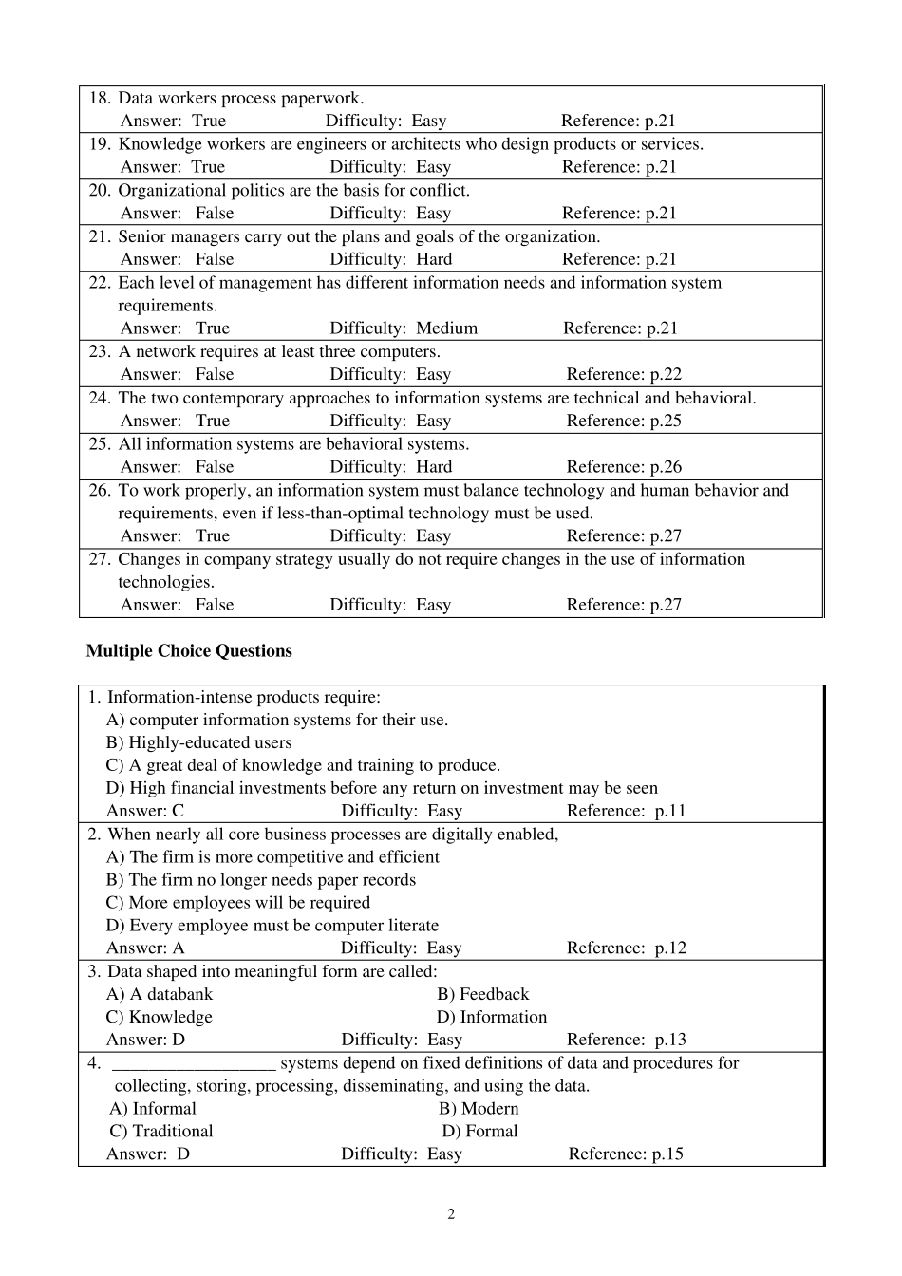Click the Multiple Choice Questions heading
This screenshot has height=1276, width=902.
pyautogui.click(x=189, y=651)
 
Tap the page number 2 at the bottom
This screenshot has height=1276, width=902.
pyautogui.click(x=451, y=1214)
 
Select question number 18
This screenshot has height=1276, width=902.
pyautogui.click(x=100, y=98)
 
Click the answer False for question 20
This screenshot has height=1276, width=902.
pyautogui.click(x=214, y=214)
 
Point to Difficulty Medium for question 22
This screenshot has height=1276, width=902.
pyautogui.click(x=404, y=328)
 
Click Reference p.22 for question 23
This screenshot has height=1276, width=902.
pyautogui.click(x=624, y=375)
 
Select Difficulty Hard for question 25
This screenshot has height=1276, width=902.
pyautogui.click(x=391, y=467)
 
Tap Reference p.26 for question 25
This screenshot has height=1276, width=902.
pyautogui.click(x=624, y=467)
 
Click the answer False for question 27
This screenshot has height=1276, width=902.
pyautogui.click(x=214, y=605)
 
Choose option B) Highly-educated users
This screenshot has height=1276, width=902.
pyautogui.click(x=198, y=743)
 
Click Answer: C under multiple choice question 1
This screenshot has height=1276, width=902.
pyautogui.click(x=145, y=811)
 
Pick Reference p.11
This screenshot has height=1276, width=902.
pyautogui.click(x=626, y=811)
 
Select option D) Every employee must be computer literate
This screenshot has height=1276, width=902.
pyautogui.click(x=272, y=926)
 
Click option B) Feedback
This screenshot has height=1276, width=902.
pyautogui.click(x=482, y=994)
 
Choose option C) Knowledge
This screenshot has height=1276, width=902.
pyautogui.click(x=159, y=1017)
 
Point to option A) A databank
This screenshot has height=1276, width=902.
pyautogui.click(x=159, y=994)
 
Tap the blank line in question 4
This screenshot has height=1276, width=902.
pyautogui.click(x=194, y=1064)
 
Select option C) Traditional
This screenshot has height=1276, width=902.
pyautogui.click(x=161, y=1132)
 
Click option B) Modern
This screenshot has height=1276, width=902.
pyautogui.click(x=479, y=1109)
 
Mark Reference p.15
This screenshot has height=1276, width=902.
pyautogui.click(x=626, y=1154)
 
